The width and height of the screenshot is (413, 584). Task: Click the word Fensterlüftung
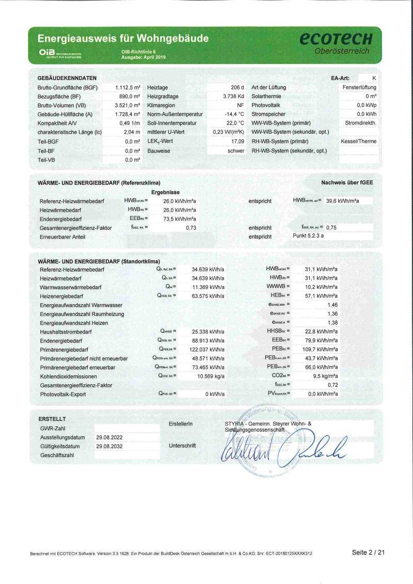(359, 87)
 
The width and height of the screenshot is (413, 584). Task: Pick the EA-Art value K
(374, 78)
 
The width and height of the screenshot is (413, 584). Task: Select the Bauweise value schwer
(235, 151)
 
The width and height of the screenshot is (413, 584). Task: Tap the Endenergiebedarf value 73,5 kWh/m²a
(176, 219)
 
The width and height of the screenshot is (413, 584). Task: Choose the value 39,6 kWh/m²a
(342, 200)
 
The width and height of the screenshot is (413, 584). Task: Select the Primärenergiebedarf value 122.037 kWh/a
(207, 350)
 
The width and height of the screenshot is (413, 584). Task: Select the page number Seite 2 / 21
(368, 553)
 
